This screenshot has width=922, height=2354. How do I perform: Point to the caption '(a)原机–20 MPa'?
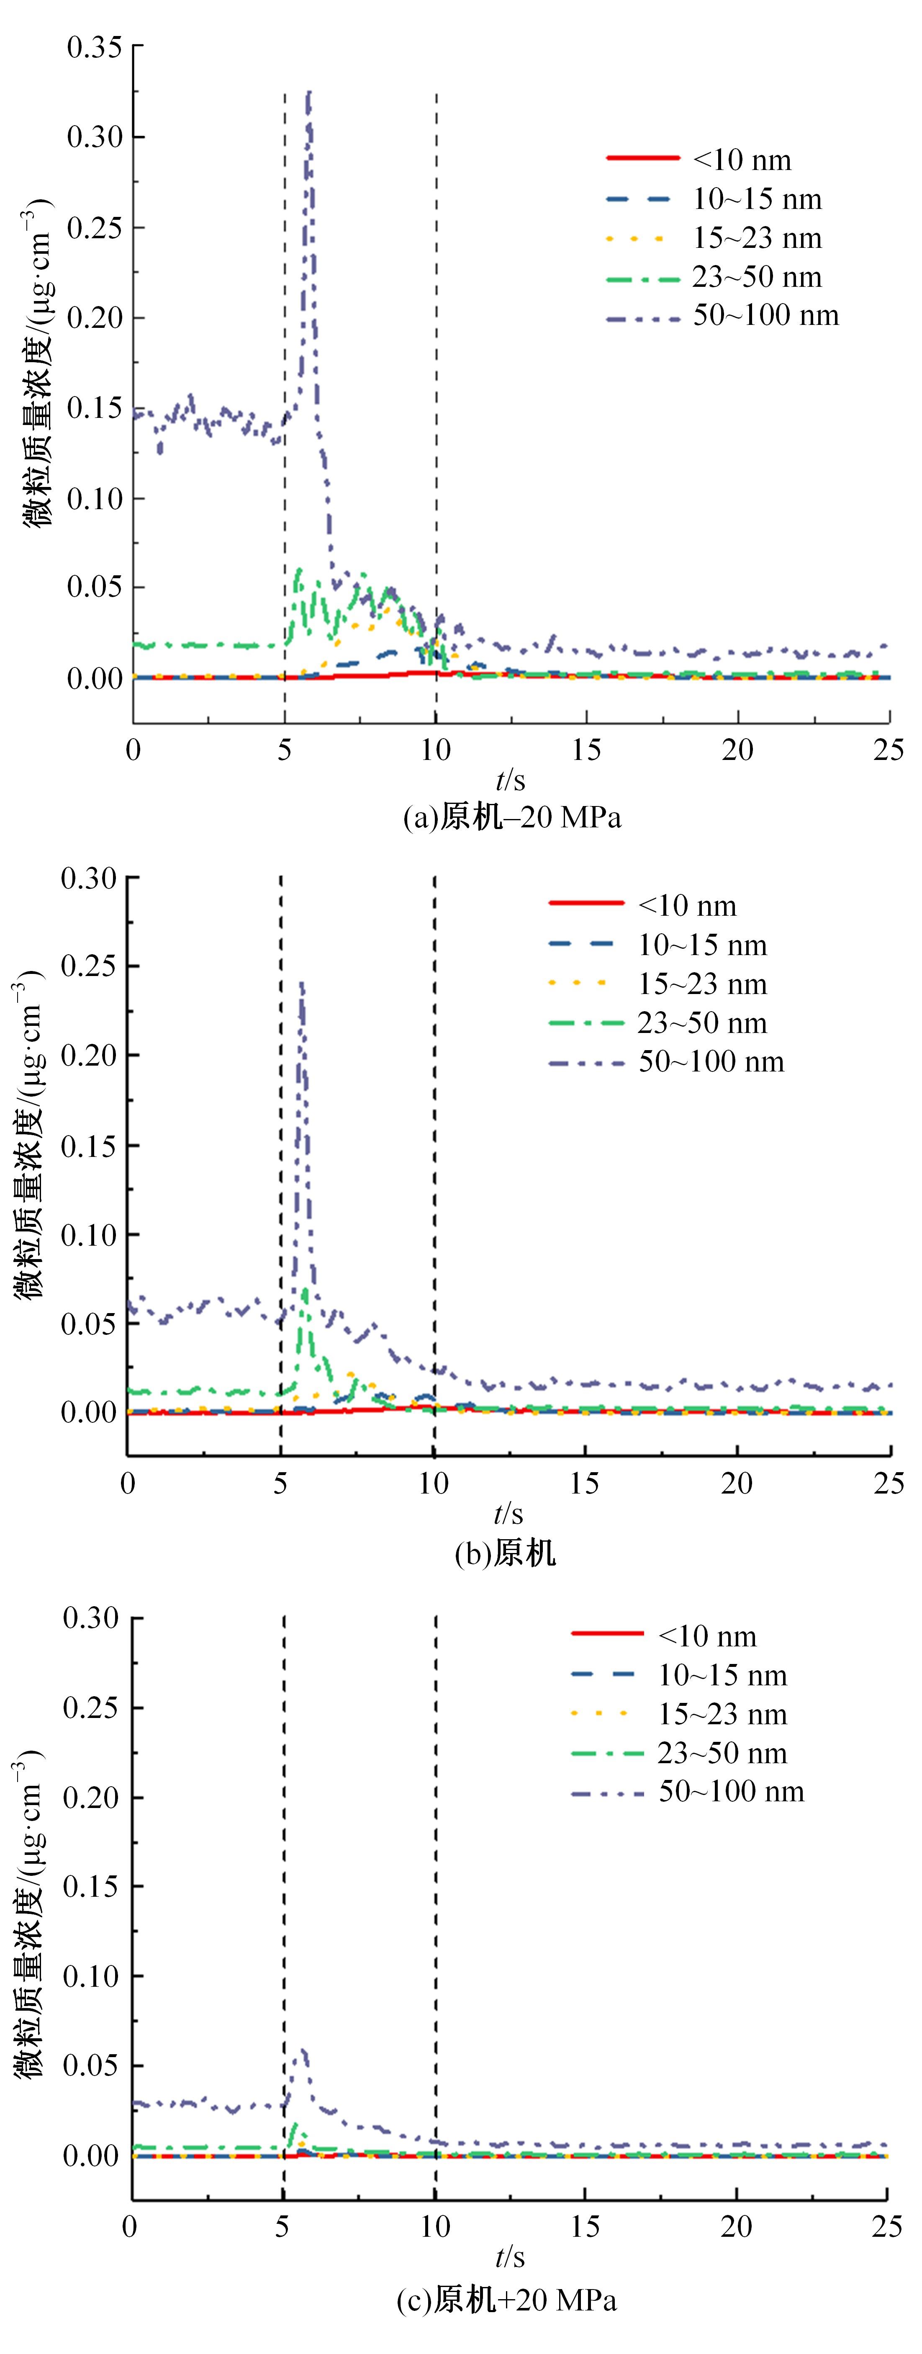tap(512, 817)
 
